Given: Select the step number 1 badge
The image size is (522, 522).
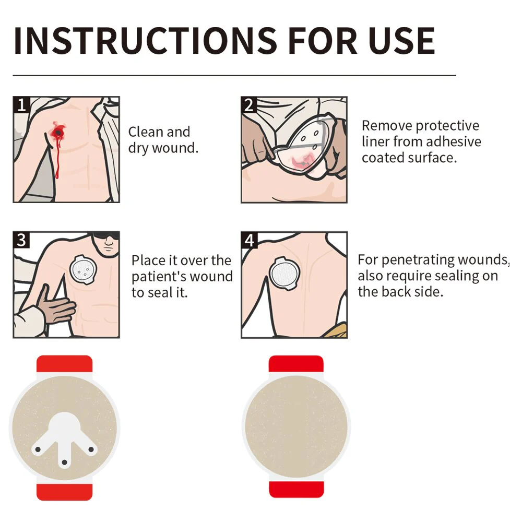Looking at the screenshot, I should (21, 105).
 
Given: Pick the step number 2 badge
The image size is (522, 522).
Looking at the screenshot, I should (249, 105).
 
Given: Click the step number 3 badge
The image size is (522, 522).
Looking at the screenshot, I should (21, 240).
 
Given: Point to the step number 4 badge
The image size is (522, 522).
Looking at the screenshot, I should (250, 240).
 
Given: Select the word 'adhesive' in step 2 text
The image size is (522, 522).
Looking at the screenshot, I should (453, 141).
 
